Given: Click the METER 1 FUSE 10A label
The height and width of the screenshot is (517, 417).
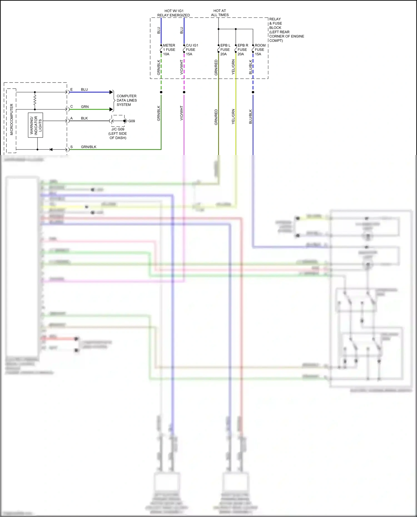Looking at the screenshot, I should pos(169,50).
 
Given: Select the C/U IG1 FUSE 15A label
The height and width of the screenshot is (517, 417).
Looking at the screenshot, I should pos(192,50).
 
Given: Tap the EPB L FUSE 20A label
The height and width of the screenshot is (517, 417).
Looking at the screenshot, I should pos(225,50).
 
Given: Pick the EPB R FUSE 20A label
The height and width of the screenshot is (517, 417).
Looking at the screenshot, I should pos(242,50).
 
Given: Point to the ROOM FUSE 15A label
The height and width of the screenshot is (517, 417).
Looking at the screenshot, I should pos(260,50).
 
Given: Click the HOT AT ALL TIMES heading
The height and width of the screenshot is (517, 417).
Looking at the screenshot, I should pos(220,13).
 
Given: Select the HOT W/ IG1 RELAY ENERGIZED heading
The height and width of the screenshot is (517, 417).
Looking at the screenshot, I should pos(173,13).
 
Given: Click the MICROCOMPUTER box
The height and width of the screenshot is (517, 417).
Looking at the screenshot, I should pos(11,120).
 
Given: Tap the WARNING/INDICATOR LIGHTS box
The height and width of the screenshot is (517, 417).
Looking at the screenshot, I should pos(36,125).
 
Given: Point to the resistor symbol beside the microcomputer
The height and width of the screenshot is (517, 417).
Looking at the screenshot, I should pos(35,101).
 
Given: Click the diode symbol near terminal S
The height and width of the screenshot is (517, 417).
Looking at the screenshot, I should pos(51,149).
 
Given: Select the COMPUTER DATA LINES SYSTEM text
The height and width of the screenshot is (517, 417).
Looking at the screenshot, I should pos(126,100).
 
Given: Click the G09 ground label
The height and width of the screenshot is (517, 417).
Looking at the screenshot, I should pos(131,121).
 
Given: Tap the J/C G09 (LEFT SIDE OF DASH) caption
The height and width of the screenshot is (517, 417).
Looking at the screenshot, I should pos(118,134).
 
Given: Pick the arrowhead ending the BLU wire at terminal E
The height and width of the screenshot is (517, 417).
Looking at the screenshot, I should pos(111,92).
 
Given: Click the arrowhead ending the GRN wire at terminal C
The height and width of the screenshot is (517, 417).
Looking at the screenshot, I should pos(111,109).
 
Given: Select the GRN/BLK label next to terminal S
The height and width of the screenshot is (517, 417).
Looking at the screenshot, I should pos(88,147).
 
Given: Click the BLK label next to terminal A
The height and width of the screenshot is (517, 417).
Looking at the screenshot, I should pos(84,118).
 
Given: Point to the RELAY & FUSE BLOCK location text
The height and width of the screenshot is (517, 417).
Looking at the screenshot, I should pos(286,30).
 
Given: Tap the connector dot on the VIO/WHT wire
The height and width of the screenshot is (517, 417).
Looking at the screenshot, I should pos(184,92).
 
